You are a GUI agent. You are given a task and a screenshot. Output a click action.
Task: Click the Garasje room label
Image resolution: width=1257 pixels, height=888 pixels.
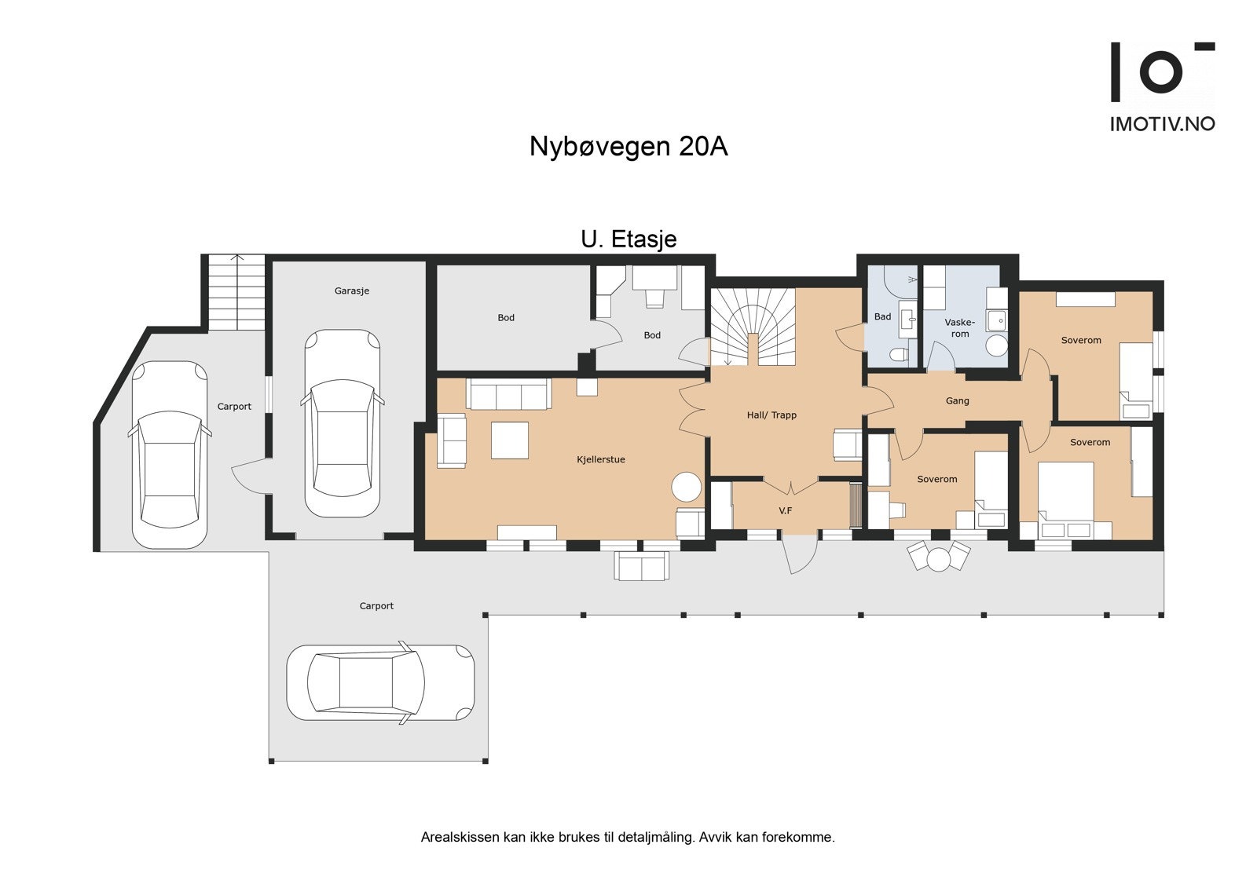351,291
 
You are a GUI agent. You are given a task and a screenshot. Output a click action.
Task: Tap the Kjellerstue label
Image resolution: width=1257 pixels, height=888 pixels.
601,459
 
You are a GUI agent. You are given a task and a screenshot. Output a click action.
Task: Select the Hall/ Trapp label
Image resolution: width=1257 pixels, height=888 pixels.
771,415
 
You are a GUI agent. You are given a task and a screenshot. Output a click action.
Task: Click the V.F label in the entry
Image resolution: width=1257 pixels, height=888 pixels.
785,510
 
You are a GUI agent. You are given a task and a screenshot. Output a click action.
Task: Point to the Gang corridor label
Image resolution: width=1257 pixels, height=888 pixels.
957,400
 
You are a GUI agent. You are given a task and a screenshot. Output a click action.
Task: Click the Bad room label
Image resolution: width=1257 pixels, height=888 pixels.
882,316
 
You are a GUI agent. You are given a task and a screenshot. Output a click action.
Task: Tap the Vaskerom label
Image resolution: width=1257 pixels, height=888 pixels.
959,327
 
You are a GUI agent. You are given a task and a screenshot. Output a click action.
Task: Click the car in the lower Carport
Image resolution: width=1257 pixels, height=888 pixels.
380,682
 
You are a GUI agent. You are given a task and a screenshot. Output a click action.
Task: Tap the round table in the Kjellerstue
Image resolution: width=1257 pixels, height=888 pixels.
687,487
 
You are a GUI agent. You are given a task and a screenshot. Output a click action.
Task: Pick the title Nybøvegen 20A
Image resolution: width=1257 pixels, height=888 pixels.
628,147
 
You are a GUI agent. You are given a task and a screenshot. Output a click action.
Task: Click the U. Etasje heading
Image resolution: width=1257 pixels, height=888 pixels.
628,239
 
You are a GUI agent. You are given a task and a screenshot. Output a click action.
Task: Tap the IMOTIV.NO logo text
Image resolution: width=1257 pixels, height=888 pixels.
1162,123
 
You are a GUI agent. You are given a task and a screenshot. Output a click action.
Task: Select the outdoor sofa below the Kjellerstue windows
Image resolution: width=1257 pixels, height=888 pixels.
642,565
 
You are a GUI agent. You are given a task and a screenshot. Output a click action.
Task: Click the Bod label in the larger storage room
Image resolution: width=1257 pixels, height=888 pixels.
506,317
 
